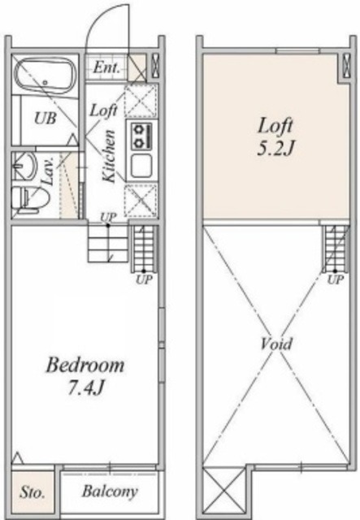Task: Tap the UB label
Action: pyautogui.click(x=46, y=118)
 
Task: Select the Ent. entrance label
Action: pyautogui.click(x=106, y=68)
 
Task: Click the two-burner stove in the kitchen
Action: pyautogui.click(x=141, y=136)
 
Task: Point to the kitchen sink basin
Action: pyautogui.click(x=141, y=166)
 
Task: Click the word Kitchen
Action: pyautogui.click(x=109, y=156)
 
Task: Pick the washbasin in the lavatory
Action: pyautogui.click(x=24, y=166)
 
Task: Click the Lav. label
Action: pyautogui.click(x=47, y=171)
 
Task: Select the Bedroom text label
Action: pyautogui.click(x=85, y=365)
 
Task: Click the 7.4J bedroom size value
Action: pyautogui.click(x=85, y=388)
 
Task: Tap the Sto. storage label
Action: pyautogui.click(x=33, y=492)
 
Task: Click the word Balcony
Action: pyautogui.click(x=110, y=492)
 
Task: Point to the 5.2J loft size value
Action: pyautogui.click(x=275, y=149)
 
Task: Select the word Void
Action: pyautogui.click(x=276, y=344)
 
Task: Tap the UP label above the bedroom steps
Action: pyautogui.click(x=109, y=217)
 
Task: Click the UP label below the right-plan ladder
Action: pyautogui.click(x=336, y=280)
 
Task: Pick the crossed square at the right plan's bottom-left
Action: pyautogui.click(x=223, y=488)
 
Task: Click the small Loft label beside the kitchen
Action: pyautogui.click(x=103, y=110)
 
